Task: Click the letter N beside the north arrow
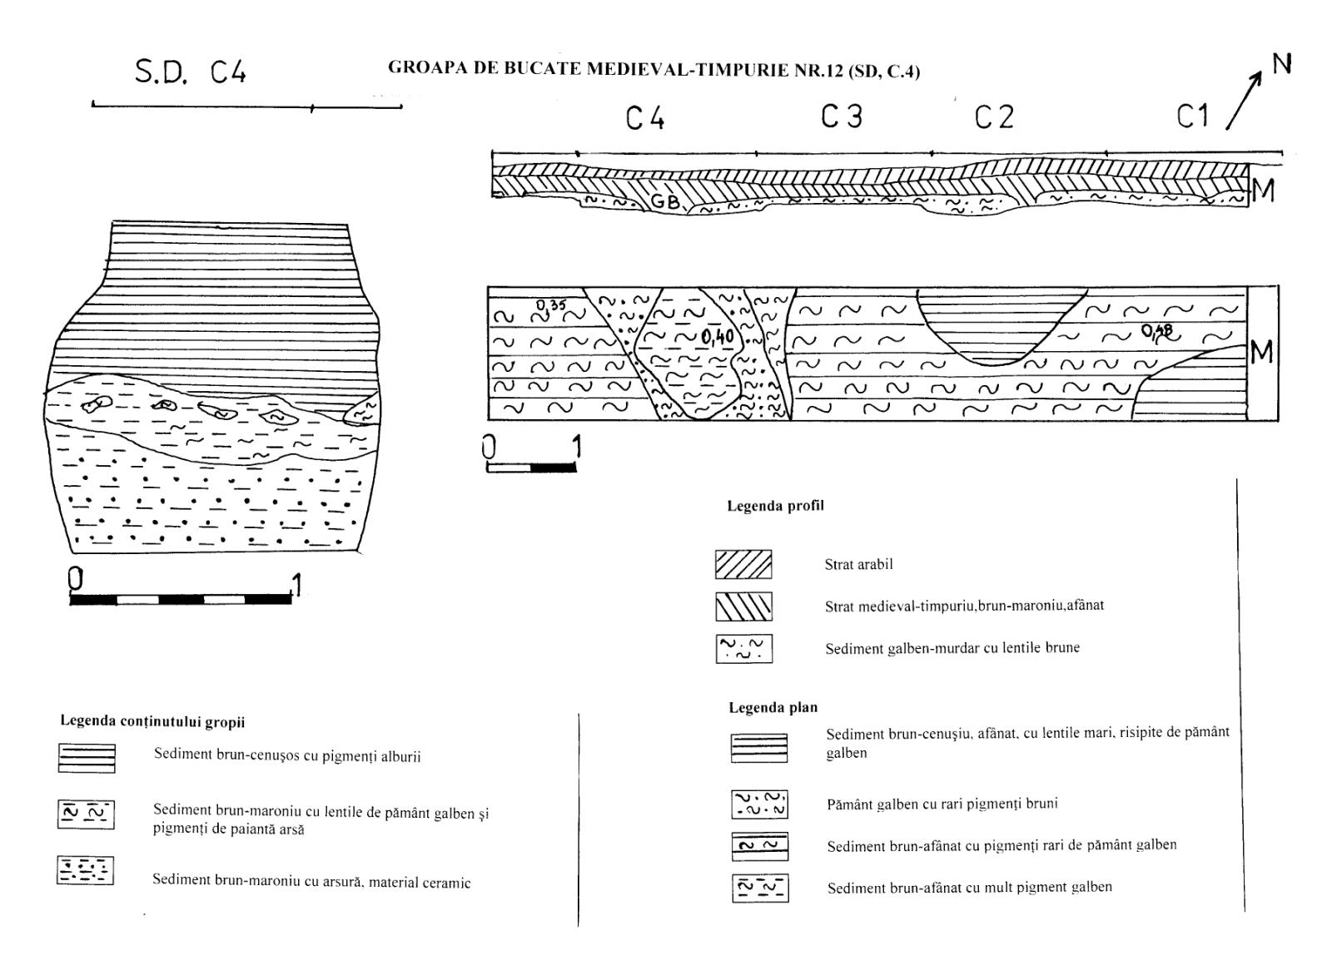pyautogui.click(x=1282, y=63)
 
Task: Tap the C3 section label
pyautogui.click(x=842, y=116)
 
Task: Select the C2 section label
pyautogui.click(x=994, y=117)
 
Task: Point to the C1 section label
pyautogui.click(x=1192, y=116)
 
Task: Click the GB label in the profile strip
pyautogui.click(x=665, y=200)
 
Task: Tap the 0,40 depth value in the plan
pyautogui.click(x=717, y=337)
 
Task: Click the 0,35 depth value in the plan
pyautogui.click(x=551, y=305)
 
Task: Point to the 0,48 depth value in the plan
pyautogui.click(x=1156, y=332)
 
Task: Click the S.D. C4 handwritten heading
pyautogui.click(x=191, y=72)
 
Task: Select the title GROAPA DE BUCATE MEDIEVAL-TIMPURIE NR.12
pyautogui.click(x=654, y=69)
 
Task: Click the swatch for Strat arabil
pyautogui.click(x=743, y=564)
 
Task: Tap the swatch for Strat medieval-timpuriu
pyautogui.click(x=743, y=606)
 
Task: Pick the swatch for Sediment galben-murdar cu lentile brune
pyautogui.click(x=743, y=648)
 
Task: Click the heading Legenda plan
pyautogui.click(x=773, y=707)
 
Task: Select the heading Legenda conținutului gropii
pyautogui.click(x=152, y=721)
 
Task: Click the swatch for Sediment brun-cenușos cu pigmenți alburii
pyautogui.click(x=87, y=758)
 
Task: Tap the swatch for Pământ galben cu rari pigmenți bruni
pyautogui.click(x=759, y=804)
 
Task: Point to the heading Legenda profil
pyautogui.click(x=775, y=505)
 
